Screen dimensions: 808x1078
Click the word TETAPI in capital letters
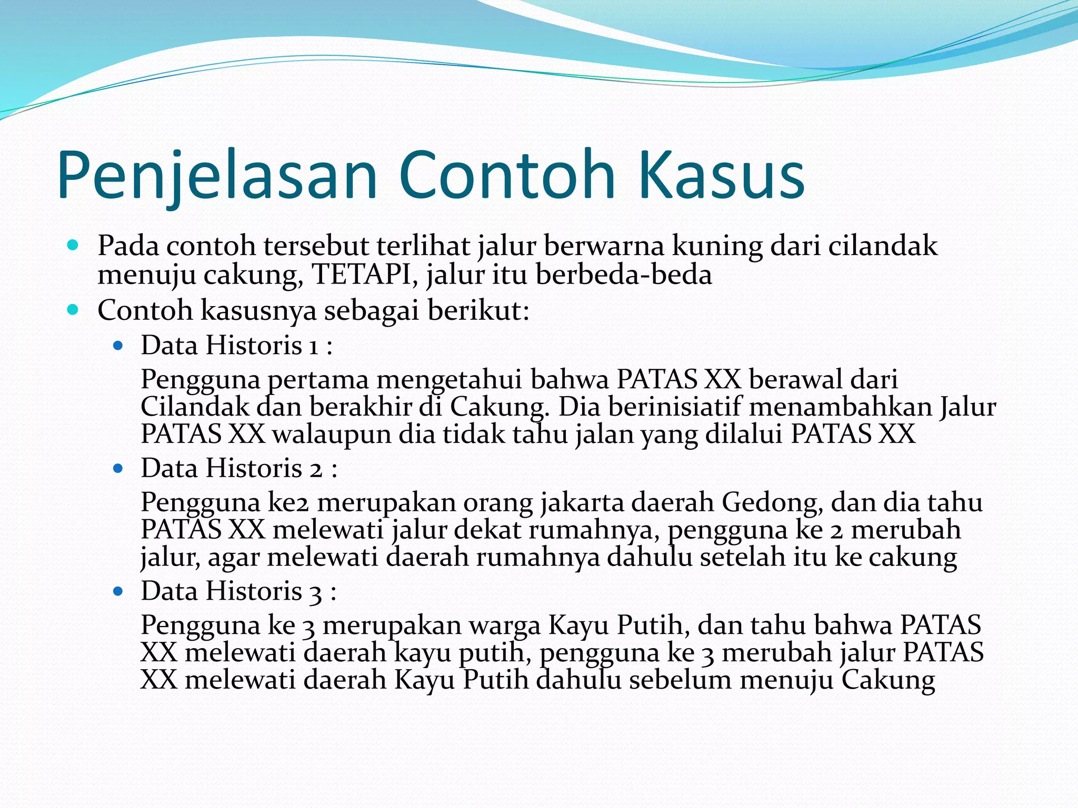click(362, 275)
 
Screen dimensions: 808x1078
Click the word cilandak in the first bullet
click(883, 246)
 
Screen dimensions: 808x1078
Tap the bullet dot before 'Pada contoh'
click(73, 245)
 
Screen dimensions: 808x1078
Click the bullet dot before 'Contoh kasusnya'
click(73, 310)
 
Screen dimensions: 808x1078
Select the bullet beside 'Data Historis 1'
click(118, 346)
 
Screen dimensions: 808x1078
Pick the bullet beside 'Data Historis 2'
click(118, 468)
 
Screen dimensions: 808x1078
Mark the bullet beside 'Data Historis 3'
click(118, 591)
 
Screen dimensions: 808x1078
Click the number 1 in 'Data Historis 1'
click(314, 346)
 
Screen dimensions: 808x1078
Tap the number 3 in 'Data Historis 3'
click(315, 592)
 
